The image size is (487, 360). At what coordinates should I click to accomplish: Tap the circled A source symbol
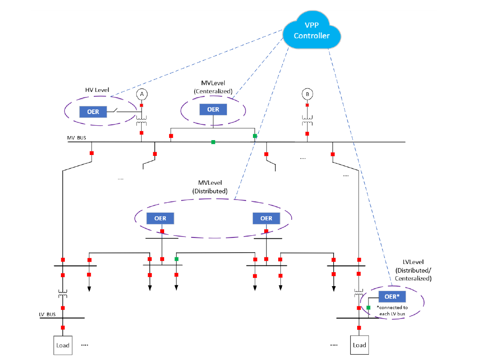pyautogui.click(x=142, y=94)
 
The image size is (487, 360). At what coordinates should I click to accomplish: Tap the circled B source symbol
pyautogui.click(x=307, y=94)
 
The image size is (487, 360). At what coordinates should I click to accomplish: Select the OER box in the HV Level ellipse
pyautogui.click(x=93, y=111)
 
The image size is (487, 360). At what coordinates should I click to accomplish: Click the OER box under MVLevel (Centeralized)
pyautogui.click(x=213, y=109)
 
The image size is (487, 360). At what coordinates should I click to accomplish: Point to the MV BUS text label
pyautogui.click(x=77, y=138)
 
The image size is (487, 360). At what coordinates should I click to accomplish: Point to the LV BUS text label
pyautogui.click(x=47, y=314)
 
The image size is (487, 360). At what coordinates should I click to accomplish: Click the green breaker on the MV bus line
pyautogui.click(x=213, y=142)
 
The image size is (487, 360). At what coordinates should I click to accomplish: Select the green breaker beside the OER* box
pyautogui.click(x=368, y=307)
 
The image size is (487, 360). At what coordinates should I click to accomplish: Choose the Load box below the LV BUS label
pyautogui.click(x=63, y=345)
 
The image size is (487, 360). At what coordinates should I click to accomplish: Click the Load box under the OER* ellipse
pyautogui.click(x=359, y=345)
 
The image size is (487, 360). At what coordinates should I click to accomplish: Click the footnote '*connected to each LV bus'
pyautogui.click(x=392, y=310)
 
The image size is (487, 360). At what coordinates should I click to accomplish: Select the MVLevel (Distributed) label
pyautogui.click(x=213, y=187)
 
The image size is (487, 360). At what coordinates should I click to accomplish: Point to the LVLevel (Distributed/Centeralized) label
pyautogui.click(x=413, y=270)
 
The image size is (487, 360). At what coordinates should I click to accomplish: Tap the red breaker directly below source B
pyautogui.click(x=307, y=105)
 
